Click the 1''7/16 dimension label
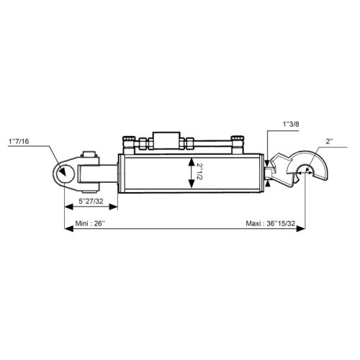tap(19, 141)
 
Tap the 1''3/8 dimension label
tap(291, 125)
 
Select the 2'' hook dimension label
tap(330, 142)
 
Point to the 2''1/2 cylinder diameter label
tap(199, 171)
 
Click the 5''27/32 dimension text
tap(91, 201)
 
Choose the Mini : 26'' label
tap(90, 223)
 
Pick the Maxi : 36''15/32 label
tap(271, 223)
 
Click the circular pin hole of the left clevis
tap(64, 173)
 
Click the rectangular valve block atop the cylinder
tap(166, 140)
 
